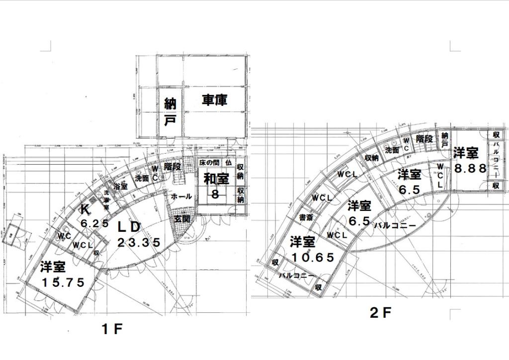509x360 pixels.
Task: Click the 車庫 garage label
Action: [x=215, y=100]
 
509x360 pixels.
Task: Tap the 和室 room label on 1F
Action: [x=215, y=178]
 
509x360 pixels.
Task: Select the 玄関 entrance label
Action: [x=181, y=218]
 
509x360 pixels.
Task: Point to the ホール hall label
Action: [x=181, y=197]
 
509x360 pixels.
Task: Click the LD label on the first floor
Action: [x=129, y=227]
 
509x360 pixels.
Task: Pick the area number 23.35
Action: [x=139, y=243]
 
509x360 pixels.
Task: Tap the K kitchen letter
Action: [x=85, y=210]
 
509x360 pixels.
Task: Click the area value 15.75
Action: [x=63, y=282]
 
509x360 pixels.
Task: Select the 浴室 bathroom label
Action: [x=121, y=186]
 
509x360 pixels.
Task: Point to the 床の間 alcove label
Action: [x=209, y=163]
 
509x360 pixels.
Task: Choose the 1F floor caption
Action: [x=112, y=329]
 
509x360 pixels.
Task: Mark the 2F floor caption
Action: [x=381, y=313]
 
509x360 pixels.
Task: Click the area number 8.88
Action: [x=470, y=168]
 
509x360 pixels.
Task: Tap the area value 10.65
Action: [x=313, y=258]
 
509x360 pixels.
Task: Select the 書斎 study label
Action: [x=306, y=217]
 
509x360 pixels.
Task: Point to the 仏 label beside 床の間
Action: [x=228, y=163]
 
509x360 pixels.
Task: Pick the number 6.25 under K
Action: [x=94, y=224]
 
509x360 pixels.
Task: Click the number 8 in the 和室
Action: [x=215, y=194]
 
